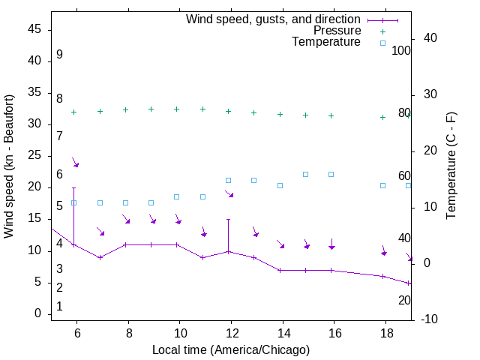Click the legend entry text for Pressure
337,31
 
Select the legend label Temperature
326,42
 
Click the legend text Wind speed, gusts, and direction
274,19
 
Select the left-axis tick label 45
35,29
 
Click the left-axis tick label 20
35,187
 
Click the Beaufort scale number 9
59,55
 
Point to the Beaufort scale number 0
59,307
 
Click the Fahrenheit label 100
402,50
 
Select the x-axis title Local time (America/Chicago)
230,349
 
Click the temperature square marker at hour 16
331,174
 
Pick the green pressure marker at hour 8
126,109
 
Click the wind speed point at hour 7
100,257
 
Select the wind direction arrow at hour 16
331,244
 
